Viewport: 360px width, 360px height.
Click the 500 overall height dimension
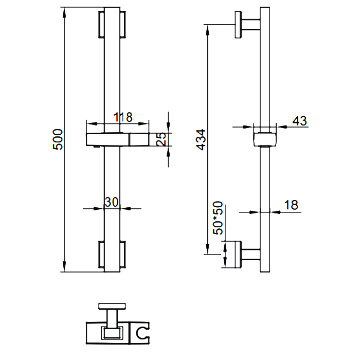pyautogui.click(x=58, y=139)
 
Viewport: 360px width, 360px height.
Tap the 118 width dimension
pyautogui.click(x=123, y=117)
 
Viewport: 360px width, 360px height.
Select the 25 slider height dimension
pyautogui.click(x=161, y=139)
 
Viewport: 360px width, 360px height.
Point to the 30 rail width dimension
pyautogui.click(x=112, y=202)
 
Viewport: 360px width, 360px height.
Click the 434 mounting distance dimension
pyautogui.click(x=201, y=139)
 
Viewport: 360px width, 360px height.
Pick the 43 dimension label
pyautogui.click(x=300, y=121)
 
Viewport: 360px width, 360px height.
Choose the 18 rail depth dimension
pyautogui.click(x=291, y=205)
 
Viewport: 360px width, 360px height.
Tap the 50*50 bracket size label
pyautogui.click(x=218, y=218)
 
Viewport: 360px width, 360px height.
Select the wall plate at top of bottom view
pyautogui.click(x=112, y=306)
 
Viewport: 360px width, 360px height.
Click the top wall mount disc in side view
pyautogui.click(x=238, y=25)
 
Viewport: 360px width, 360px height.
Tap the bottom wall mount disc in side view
pyautogui.click(x=238, y=255)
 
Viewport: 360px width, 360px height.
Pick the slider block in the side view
pyautogui.click(x=265, y=139)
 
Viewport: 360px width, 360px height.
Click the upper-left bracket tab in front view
pyautogui.click(x=101, y=24)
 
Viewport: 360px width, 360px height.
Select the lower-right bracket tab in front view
pyautogui.click(x=122, y=254)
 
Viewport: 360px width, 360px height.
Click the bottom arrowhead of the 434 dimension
pyautogui.click(x=207, y=249)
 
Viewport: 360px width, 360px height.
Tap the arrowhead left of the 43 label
pyautogui.click(x=248, y=127)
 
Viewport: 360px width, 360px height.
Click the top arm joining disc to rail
pyautogui.click(x=251, y=25)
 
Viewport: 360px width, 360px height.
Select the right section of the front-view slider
pyautogui.click(x=139, y=139)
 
